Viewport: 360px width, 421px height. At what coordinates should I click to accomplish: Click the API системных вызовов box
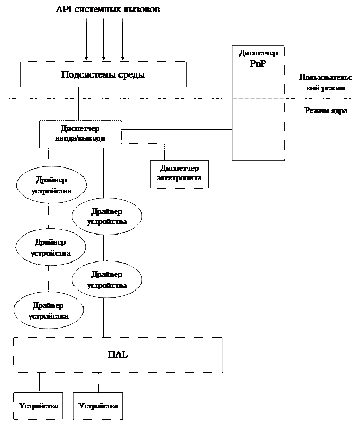pos(108,11)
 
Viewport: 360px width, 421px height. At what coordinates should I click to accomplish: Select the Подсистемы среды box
pos(103,74)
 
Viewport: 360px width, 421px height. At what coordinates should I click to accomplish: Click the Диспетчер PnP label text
pos(258,58)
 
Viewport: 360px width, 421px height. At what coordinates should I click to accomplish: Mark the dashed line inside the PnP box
pos(258,98)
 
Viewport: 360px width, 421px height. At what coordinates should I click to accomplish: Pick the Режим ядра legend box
pos(326,111)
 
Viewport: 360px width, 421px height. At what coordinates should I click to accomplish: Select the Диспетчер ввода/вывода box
pos(80,134)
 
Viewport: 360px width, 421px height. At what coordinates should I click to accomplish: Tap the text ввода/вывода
pos(80,138)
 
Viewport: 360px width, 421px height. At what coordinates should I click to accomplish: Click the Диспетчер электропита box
pos(179,174)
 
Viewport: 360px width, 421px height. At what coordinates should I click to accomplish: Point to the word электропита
pos(179,178)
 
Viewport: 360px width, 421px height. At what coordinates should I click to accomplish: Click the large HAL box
pos(118,355)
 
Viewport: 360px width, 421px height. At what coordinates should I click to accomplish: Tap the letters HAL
pos(118,355)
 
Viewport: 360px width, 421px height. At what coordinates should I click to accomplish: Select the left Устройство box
pos(38,406)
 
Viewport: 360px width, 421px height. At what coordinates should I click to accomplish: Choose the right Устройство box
pos(98,406)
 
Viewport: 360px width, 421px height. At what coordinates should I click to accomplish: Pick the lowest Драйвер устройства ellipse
pos(48,311)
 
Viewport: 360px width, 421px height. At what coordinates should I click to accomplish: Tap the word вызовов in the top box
pos(142,10)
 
